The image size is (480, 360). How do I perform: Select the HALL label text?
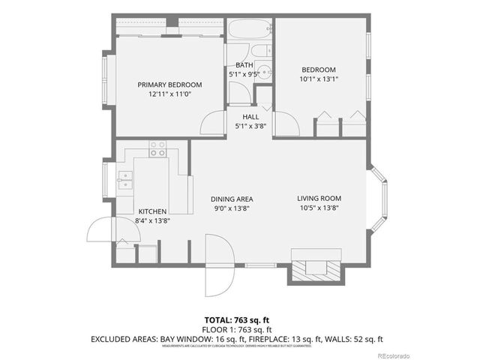click(251, 117)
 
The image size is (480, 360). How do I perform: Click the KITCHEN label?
click(151, 211)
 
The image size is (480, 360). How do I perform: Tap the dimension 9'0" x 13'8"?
click(231, 208)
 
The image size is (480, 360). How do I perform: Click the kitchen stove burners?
click(157, 148)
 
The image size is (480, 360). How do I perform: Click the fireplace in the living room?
click(313, 267)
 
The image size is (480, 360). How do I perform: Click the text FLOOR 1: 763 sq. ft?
click(239, 329)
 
